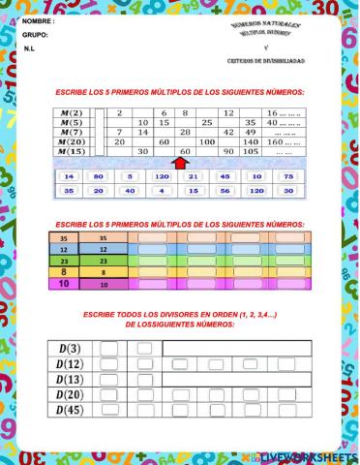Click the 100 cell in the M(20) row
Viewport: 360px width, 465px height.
click(206, 141)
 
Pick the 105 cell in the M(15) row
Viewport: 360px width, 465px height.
click(250, 151)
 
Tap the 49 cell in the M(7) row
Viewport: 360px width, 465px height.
click(250, 132)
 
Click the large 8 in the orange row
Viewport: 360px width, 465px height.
click(64, 273)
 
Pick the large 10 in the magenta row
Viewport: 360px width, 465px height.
click(64, 285)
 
